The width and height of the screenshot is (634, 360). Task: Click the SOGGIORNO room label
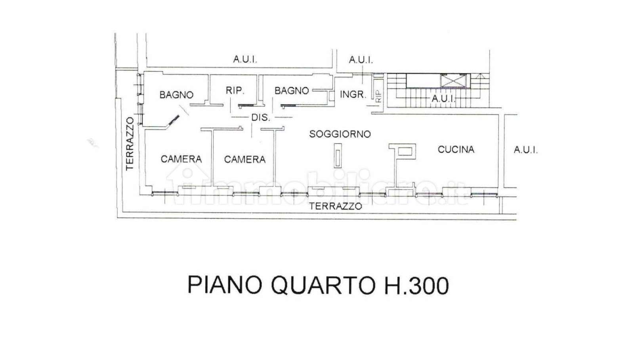[340, 134]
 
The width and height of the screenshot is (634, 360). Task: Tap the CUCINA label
[456, 149]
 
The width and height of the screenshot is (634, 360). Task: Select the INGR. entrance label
[353, 94]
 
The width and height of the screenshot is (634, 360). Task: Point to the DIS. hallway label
[261, 117]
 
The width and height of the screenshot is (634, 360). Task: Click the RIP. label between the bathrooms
[235, 90]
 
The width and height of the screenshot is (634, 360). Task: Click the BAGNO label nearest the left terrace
[176, 95]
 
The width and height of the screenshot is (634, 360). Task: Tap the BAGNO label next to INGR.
[292, 91]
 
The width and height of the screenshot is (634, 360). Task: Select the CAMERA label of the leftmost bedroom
[181, 159]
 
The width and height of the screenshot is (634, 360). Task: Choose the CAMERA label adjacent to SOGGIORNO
[245, 159]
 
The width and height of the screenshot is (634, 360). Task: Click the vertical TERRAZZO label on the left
[130, 144]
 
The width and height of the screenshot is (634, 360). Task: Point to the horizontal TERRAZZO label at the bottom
[335, 206]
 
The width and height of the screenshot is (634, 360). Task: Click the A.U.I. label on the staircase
[443, 99]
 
